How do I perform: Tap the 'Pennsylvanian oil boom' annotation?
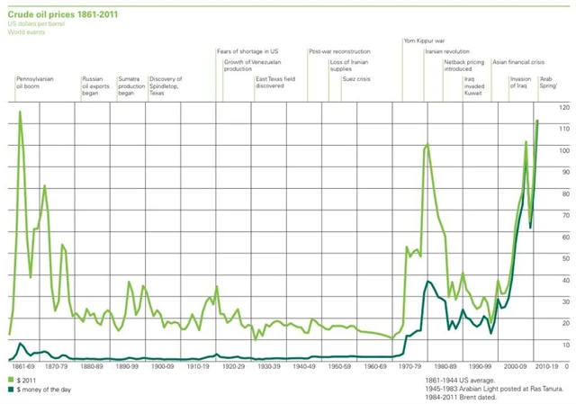(35, 83)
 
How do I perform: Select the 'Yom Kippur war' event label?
(424, 41)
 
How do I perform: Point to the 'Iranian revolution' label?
(447, 52)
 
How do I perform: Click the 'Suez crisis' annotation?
(356, 79)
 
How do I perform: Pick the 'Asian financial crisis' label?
(531, 62)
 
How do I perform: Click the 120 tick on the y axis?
(564, 108)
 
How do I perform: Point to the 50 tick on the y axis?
(564, 258)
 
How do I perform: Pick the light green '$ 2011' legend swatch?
(11, 381)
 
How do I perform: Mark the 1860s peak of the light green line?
(20, 112)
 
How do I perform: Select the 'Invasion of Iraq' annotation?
(521, 83)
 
